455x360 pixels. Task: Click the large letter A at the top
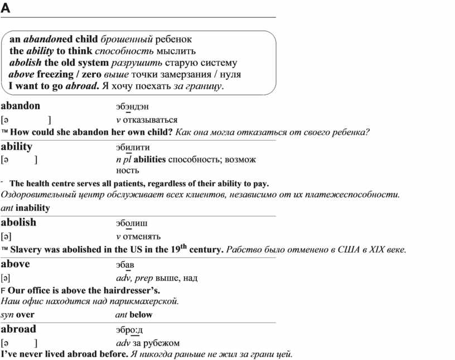click(x=6, y=8)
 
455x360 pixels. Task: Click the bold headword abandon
click(x=21, y=105)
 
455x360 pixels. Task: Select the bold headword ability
click(x=17, y=146)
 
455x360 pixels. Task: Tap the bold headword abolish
click(x=18, y=222)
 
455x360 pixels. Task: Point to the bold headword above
click(x=16, y=263)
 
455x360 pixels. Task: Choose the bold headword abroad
click(x=18, y=329)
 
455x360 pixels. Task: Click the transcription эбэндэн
click(x=132, y=107)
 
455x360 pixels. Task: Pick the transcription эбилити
click(x=133, y=148)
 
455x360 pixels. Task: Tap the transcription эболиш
click(x=132, y=224)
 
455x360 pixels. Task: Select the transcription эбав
click(x=125, y=265)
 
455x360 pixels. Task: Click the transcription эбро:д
click(x=129, y=330)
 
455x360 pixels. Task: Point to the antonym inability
click(x=33, y=208)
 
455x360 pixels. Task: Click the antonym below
click(x=141, y=315)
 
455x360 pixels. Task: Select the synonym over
click(x=26, y=315)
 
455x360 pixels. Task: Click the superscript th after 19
click(x=182, y=246)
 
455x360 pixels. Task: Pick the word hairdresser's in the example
click(x=134, y=291)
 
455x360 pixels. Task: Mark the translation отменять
click(x=142, y=236)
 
